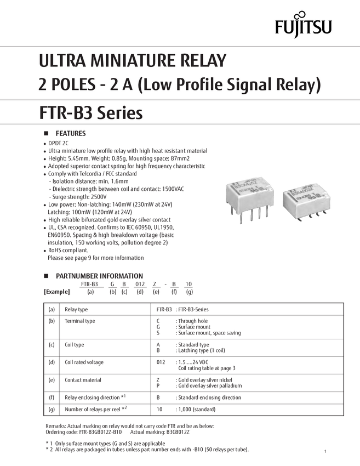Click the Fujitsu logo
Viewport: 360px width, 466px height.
pyautogui.click(x=304, y=25)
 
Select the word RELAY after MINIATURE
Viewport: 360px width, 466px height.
pyautogui.click(x=205, y=60)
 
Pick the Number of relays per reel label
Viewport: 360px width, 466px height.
pyautogui.click(x=91, y=409)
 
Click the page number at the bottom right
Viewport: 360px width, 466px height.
pyautogui.click(x=325, y=451)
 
